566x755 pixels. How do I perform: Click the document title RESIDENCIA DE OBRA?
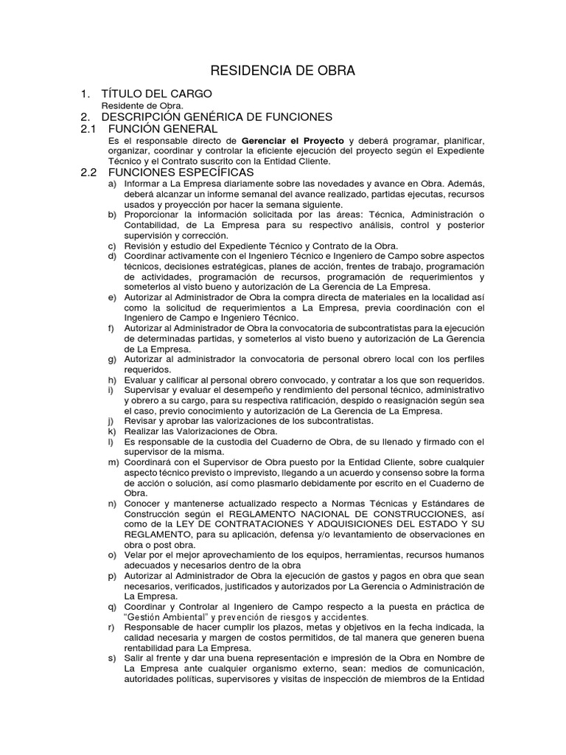coord(283,71)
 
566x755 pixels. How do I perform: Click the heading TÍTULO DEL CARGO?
coord(156,94)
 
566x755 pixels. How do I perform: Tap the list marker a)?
coord(112,183)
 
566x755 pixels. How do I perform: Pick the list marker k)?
coord(112,431)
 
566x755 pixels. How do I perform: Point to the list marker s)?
coord(112,657)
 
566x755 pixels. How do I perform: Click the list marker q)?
coord(112,606)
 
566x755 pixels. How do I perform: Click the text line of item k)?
coord(200,431)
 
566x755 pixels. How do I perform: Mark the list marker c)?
coord(112,246)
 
